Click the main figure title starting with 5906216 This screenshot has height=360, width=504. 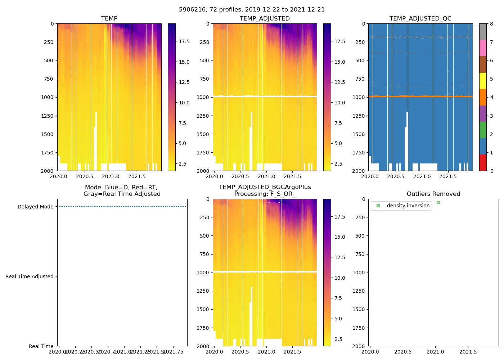[252, 10]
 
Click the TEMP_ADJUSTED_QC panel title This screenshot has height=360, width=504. [420, 19]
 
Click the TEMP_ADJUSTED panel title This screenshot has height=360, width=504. [265, 19]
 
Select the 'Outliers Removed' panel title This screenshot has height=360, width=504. [433, 194]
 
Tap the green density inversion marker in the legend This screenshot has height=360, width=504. [378, 206]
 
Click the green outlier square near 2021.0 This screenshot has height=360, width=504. [438, 202]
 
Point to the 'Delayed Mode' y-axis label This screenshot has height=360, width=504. [35, 207]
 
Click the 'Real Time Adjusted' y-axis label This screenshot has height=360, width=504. [30, 276]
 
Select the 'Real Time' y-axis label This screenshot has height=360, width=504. [41, 346]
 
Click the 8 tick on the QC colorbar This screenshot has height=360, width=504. [491, 24]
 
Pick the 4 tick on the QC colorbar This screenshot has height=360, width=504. [491, 97]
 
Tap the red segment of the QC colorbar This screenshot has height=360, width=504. [483, 163]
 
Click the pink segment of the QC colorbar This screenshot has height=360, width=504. [483, 48]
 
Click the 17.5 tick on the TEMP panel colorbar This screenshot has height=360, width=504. [184, 41]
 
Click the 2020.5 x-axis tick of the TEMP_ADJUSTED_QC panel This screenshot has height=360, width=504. [396, 176]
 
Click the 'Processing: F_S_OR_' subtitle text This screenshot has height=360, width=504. [265, 194]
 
